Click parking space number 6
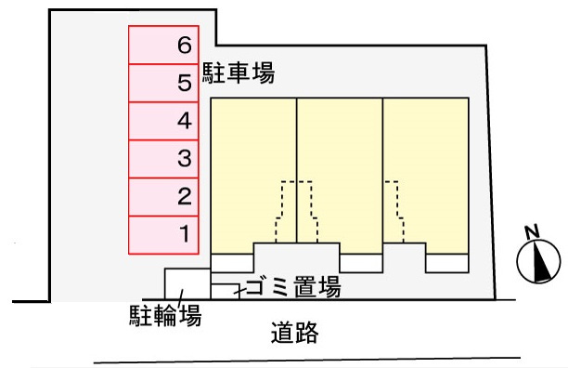162,45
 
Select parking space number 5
162,83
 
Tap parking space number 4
162,121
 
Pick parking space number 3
162,159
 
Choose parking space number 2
162,196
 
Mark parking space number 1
162,234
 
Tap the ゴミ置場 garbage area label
293,286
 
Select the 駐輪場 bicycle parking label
165,317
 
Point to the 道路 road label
295,332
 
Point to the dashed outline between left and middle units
297,210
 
